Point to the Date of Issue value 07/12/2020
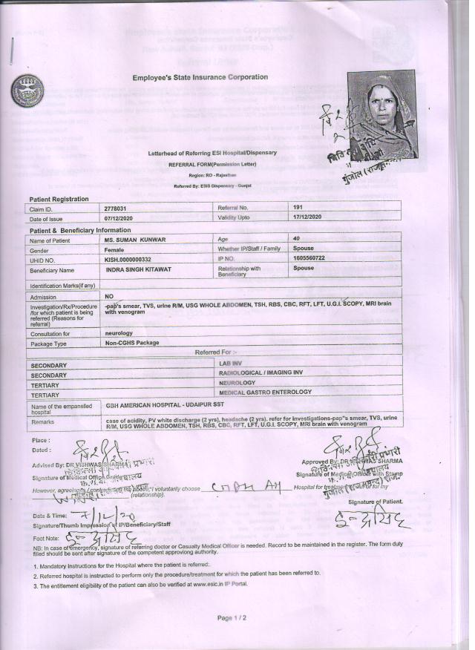tap(122, 219)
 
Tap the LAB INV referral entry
tap(232, 362)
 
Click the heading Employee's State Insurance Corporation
tap(200, 77)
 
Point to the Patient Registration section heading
tap(59, 199)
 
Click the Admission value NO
tap(108, 296)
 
